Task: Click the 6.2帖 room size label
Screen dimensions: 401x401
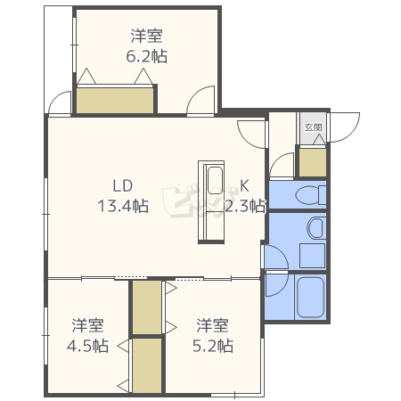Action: point(147,56)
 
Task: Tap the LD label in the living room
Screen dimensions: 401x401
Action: point(123,185)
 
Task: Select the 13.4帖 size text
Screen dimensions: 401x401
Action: point(123,206)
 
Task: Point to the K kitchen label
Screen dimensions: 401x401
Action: point(244,185)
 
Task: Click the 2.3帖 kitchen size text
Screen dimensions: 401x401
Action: point(245,206)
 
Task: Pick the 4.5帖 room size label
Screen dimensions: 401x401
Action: point(87,346)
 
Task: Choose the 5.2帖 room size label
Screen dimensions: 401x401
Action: point(213,346)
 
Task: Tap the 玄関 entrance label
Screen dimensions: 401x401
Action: point(313,127)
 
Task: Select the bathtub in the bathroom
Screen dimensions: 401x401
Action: point(310,298)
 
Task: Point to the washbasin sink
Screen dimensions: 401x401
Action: point(315,228)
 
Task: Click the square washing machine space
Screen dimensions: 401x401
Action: point(312,256)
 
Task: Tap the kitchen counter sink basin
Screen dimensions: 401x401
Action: point(215,181)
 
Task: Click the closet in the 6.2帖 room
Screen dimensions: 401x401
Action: point(115,101)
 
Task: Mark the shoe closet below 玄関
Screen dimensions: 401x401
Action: point(313,162)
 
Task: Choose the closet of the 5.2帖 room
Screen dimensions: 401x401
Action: point(147,307)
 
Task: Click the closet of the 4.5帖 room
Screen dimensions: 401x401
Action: point(147,365)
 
